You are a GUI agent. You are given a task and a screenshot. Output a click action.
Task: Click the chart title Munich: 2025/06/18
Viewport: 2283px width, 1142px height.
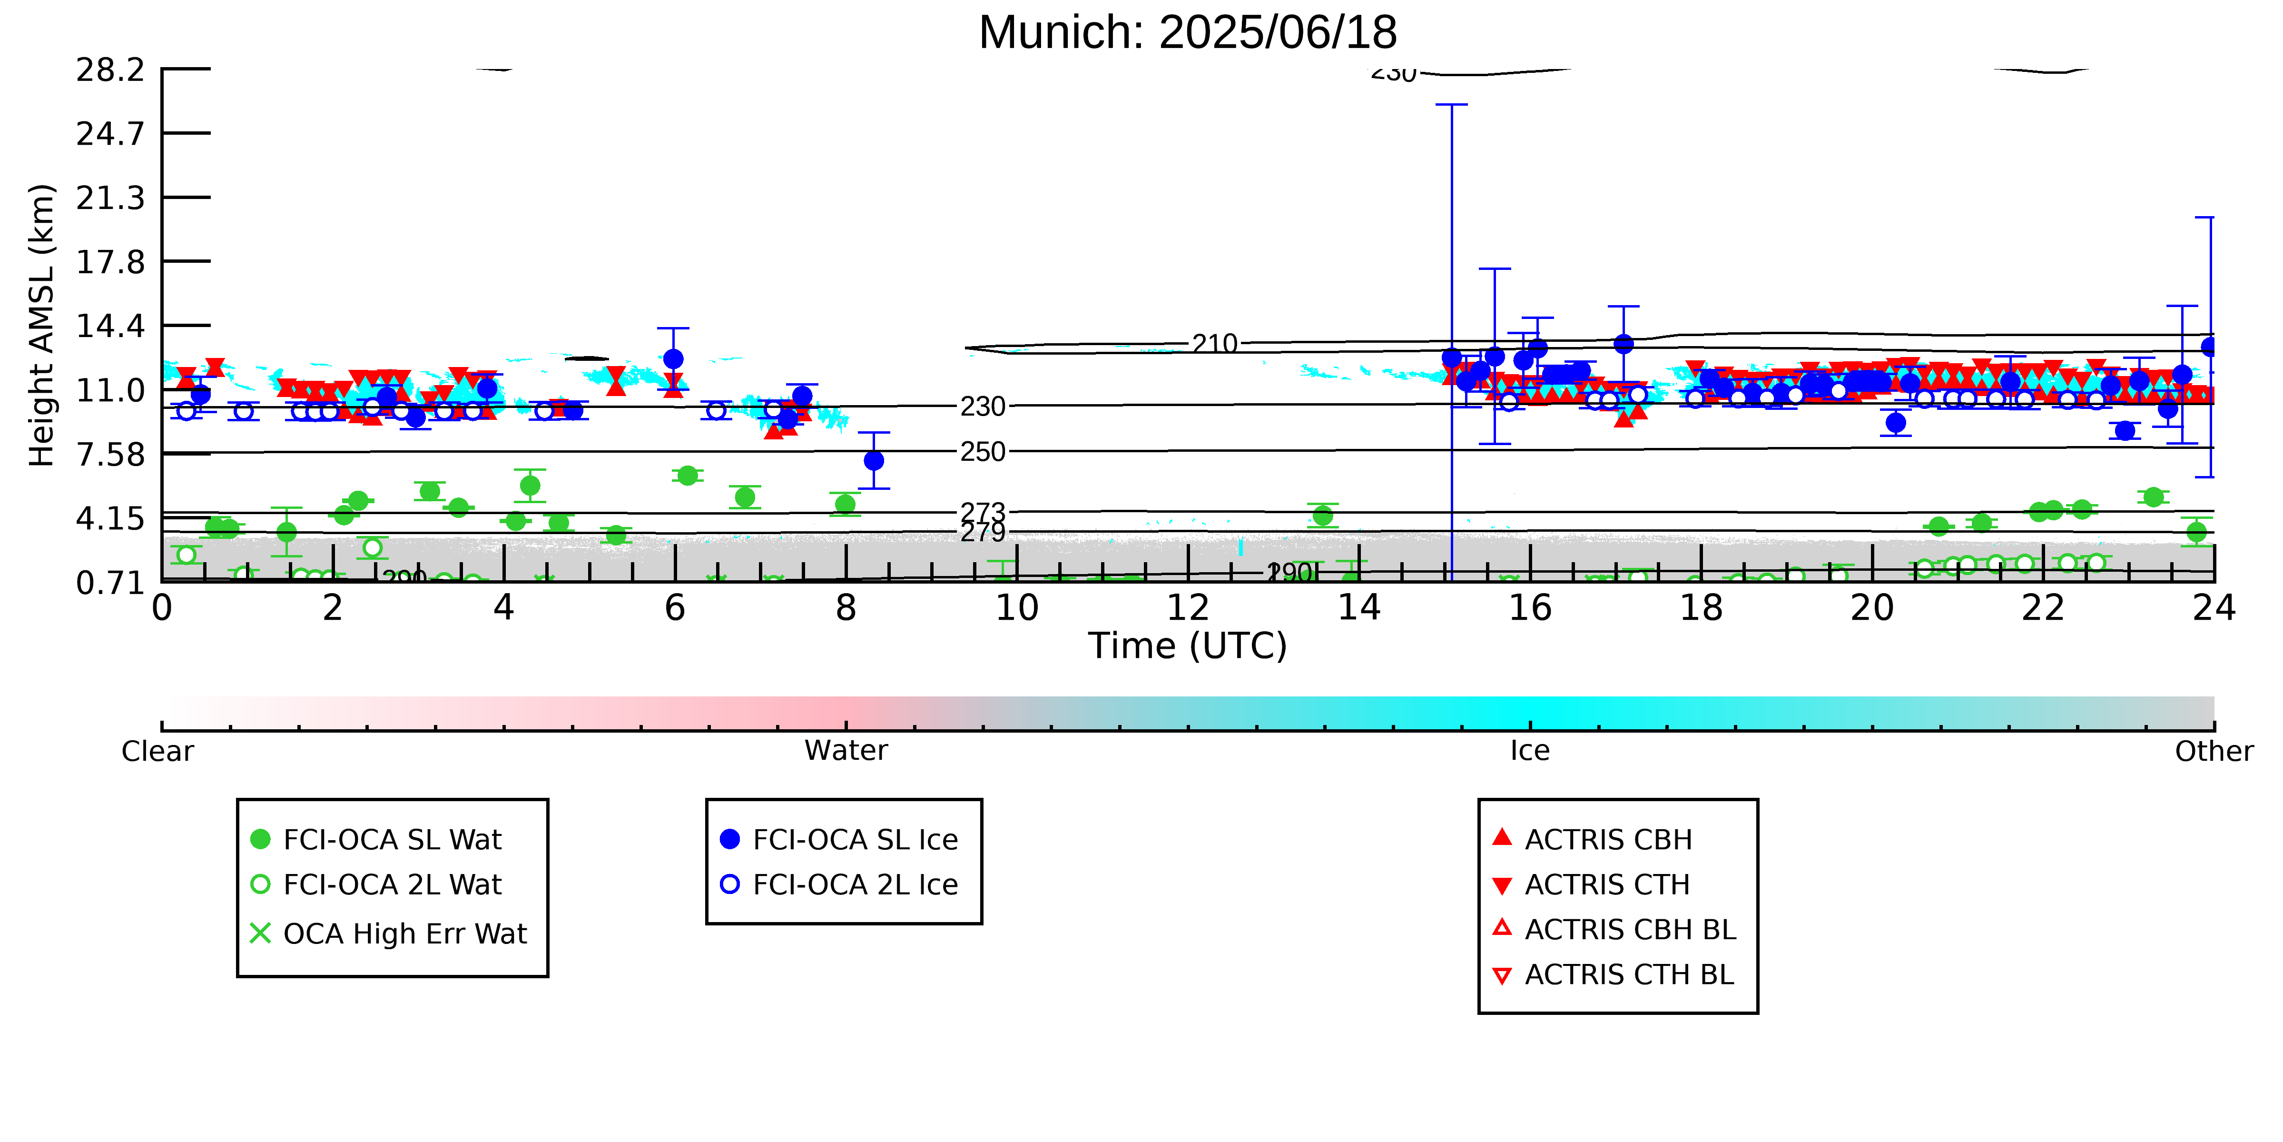[x=1188, y=33]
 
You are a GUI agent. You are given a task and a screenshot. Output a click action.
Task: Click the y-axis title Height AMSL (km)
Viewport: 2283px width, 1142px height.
[x=42, y=326]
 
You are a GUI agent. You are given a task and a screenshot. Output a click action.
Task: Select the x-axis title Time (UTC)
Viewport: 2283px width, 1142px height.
[x=1188, y=645]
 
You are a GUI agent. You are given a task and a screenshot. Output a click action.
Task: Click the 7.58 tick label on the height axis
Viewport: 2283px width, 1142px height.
[x=110, y=454]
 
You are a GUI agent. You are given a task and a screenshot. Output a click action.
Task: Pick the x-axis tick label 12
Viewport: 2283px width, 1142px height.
[x=1188, y=608]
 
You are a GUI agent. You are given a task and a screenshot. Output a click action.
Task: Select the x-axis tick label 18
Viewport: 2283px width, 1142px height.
[x=1701, y=608]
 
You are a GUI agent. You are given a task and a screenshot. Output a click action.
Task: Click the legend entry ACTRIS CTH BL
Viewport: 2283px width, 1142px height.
[x=1629, y=974]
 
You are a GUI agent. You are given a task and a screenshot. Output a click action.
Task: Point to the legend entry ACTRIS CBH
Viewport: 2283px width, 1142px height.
[x=1608, y=839]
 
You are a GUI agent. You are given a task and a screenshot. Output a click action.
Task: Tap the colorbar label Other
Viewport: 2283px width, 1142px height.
[x=2213, y=751]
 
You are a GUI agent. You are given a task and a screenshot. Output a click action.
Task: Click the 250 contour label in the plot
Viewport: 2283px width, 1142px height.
[x=983, y=452]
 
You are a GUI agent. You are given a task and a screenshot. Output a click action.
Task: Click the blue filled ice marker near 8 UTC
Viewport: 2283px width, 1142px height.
[x=874, y=460]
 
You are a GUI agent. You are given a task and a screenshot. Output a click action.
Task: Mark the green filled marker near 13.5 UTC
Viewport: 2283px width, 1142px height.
[x=1322, y=515]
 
